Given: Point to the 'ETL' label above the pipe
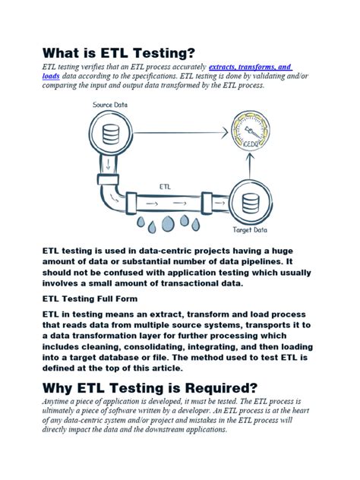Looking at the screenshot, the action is (x=165, y=185).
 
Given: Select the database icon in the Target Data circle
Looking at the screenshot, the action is (x=249, y=202).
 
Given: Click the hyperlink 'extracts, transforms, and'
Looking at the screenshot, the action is (x=251, y=68).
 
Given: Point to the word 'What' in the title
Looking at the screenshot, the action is (x=64, y=52).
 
